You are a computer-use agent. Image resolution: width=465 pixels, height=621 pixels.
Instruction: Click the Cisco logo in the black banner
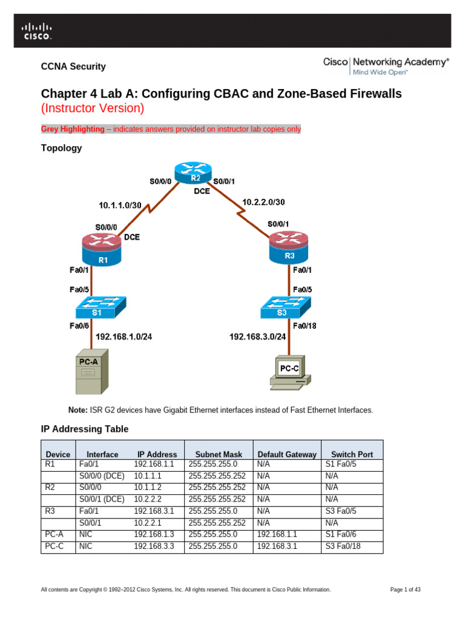pos(38,31)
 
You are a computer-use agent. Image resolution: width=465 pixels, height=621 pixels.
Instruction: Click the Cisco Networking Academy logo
pos(386,65)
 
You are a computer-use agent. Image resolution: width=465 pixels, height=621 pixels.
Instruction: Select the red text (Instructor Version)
pos(92,109)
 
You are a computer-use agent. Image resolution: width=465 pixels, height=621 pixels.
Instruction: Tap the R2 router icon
pos(195,173)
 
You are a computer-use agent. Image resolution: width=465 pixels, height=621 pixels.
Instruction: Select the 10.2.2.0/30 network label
pos(263,201)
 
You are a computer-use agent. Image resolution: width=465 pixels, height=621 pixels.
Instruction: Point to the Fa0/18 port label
pos(305,326)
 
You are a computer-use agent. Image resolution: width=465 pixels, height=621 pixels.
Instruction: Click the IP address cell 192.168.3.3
pos(153,546)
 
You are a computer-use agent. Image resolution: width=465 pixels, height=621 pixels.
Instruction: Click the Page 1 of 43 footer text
pos(406,589)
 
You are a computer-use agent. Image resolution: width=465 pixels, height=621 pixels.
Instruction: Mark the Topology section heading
pos(61,148)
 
